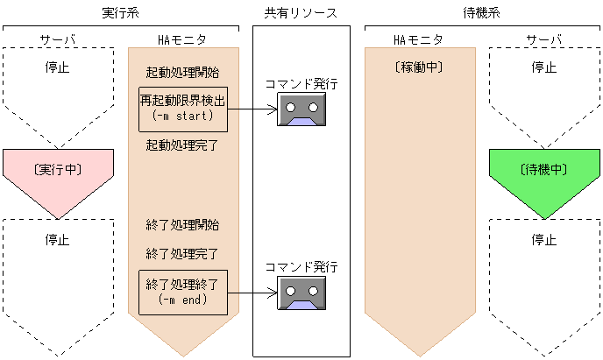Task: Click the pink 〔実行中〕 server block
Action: pos(58,170)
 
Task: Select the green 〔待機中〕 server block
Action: pos(543,170)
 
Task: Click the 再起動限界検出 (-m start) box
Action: pos(183,109)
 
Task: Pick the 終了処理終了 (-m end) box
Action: pos(183,293)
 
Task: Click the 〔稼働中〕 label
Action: pos(420,67)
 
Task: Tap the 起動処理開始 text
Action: pos(183,72)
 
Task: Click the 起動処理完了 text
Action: pos(183,145)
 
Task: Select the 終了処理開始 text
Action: pos(183,225)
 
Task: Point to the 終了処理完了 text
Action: pos(183,254)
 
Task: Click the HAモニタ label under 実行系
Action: pos(181,40)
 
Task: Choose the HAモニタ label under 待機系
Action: pos(418,40)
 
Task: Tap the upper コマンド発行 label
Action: pos(301,84)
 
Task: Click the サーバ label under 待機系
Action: pos(543,40)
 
